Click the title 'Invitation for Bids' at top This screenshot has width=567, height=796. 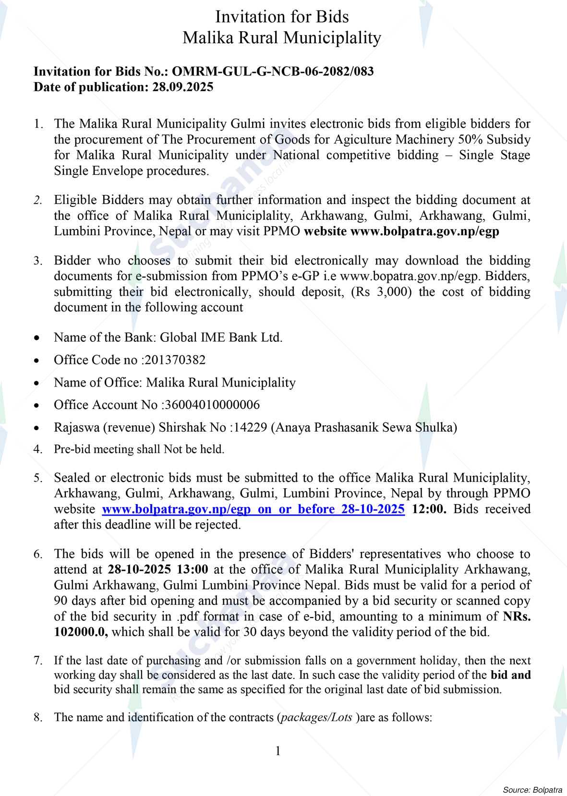[x=282, y=17]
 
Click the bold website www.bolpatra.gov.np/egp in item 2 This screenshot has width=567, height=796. [x=424, y=231]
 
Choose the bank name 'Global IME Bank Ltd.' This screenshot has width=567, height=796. [x=221, y=337]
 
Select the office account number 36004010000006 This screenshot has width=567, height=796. [x=212, y=405]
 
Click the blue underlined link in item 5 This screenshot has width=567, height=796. [x=253, y=509]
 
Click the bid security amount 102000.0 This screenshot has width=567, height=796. [x=81, y=632]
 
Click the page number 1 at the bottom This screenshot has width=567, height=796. [x=278, y=751]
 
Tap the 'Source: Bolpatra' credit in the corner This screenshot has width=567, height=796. [x=532, y=789]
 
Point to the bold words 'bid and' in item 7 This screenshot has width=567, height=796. [x=510, y=675]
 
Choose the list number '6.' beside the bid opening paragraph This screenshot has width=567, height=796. [x=38, y=554]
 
